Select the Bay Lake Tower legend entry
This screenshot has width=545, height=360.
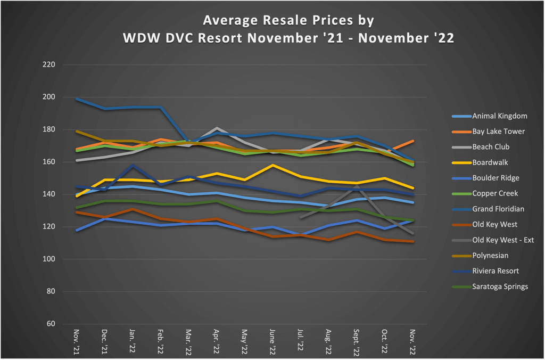[x=498, y=132]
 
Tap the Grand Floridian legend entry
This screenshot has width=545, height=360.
[x=498, y=209]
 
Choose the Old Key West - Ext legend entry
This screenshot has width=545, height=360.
[x=503, y=240]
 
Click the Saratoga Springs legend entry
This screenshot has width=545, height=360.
[x=500, y=287]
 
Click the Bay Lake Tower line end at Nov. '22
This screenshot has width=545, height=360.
[x=413, y=141]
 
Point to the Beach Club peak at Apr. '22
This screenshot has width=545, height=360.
[x=216, y=128]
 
